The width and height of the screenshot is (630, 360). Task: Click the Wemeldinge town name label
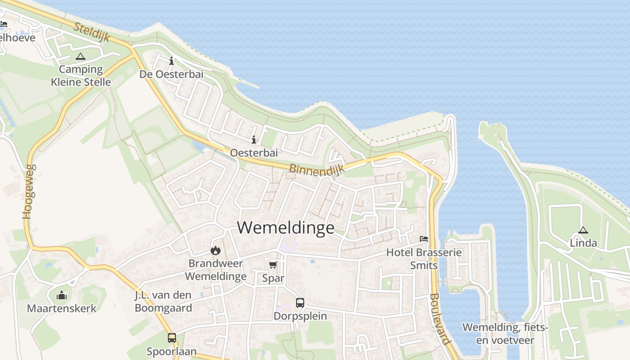click(286, 227)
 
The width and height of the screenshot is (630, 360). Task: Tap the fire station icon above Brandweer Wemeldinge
click(216, 250)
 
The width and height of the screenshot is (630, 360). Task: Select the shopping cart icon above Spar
click(273, 264)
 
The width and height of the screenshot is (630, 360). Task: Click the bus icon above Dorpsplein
click(300, 303)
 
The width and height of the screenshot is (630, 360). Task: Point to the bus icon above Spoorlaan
click(171, 337)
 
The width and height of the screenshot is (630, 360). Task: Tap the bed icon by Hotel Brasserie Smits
click(423, 238)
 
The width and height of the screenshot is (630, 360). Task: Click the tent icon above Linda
click(583, 230)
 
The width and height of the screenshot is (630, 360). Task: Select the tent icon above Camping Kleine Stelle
click(81, 56)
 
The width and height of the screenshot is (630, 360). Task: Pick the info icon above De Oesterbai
click(171, 61)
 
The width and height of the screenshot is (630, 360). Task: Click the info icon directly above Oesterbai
click(254, 139)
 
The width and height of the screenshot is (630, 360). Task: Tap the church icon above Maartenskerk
click(62, 295)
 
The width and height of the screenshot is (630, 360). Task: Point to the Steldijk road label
click(91, 32)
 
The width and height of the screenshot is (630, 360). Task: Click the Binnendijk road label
click(316, 169)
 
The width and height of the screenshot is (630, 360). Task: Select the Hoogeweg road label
click(28, 191)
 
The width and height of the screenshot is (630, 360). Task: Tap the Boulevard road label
click(440, 319)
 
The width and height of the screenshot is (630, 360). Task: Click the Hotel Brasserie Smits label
click(424, 259)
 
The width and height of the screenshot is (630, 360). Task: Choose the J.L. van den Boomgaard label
click(163, 301)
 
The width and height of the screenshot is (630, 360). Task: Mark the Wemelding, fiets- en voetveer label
click(505, 333)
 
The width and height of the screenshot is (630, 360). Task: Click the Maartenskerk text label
click(62, 308)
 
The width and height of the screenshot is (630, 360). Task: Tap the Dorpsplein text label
click(300, 316)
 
